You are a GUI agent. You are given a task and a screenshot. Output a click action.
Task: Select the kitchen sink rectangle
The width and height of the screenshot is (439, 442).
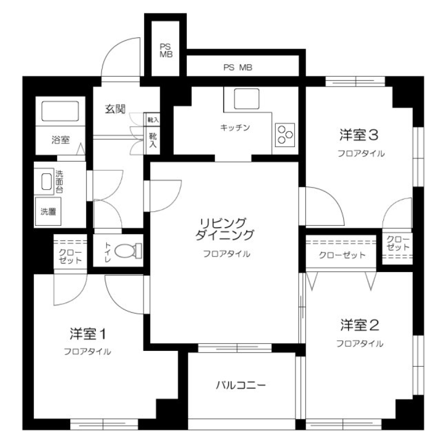[x=247, y=98]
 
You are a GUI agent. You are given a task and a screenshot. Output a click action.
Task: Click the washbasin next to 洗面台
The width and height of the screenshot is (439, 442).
[x=47, y=182]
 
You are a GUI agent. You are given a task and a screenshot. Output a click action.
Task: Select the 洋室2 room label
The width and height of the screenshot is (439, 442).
[x=360, y=325]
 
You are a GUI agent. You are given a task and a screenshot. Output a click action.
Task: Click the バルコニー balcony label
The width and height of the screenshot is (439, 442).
[x=241, y=385]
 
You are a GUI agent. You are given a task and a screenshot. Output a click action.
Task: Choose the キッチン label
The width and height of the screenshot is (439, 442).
[x=235, y=128]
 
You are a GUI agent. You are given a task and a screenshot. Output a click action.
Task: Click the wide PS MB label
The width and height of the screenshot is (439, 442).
[x=238, y=68]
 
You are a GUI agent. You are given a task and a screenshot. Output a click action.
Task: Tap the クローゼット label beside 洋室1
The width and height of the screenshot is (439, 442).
[x=70, y=256]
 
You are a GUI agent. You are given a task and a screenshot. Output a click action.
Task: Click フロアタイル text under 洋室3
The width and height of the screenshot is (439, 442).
[x=361, y=153]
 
